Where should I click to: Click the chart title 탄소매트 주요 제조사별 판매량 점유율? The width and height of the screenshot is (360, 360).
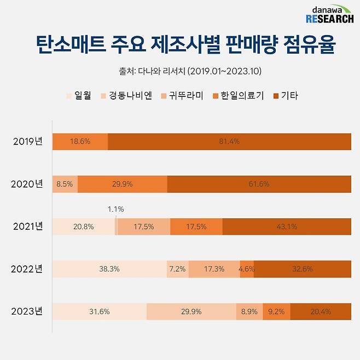point(180,45)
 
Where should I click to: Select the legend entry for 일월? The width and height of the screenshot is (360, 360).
point(80,96)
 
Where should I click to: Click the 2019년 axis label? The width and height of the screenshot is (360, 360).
point(28,141)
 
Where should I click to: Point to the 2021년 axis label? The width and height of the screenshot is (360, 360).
point(28,227)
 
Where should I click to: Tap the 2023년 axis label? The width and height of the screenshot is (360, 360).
point(28,312)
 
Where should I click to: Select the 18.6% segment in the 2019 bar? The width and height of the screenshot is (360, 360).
point(80,141)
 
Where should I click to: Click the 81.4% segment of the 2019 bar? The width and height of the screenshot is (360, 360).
point(229,141)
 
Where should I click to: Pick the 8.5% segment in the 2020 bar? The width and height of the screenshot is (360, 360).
point(65,184)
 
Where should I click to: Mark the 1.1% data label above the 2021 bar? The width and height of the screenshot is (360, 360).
point(115,209)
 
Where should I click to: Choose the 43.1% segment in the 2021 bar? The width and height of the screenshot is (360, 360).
point(287,227)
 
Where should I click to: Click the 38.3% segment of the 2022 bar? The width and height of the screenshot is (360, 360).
point(109,269)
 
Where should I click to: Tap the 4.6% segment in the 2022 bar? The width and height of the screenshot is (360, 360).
point(247,269)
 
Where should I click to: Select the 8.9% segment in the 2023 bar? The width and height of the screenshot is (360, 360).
point(249,312)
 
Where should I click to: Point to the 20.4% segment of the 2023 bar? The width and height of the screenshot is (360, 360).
point(321,312)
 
